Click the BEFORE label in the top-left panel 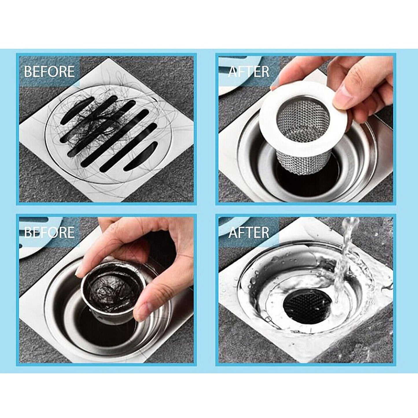click(x=49, y=71)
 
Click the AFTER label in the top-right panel click(x=248, y=71)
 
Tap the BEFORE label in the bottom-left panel click(x=49, y=232)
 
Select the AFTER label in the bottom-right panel click(x=248, y=232)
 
